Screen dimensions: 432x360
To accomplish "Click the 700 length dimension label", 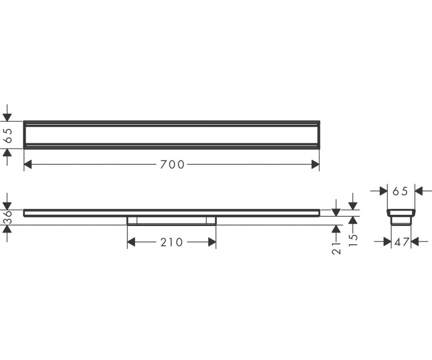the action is pos(172,164).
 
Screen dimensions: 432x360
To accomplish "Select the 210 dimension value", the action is pos(171,242).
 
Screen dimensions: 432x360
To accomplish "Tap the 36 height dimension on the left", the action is pos(8,217).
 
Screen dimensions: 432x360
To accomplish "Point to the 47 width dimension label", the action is pos(401,242).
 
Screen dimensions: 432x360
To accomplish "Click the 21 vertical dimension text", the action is pos(336,248).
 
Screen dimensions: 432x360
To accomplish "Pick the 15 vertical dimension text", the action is pos(353,240).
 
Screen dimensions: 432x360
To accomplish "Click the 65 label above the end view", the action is pos(400,191).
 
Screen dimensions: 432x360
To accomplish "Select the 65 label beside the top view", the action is pos(8,135).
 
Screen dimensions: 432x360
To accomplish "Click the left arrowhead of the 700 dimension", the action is pos(28,164).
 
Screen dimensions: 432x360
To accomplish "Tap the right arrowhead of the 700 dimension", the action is pos(316,164).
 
